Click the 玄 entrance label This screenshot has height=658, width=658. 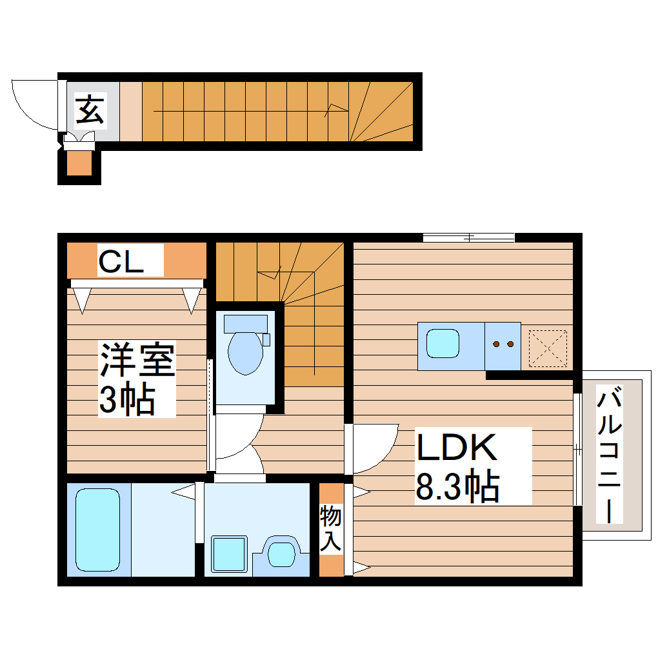click(x=90, y=110)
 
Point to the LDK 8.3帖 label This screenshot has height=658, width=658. click(x=457, y=466)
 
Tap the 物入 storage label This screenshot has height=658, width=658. click(x=331, y=528)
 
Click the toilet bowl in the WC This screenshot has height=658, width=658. click(x=245, y=352)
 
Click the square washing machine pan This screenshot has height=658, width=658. click(x=230, y=553)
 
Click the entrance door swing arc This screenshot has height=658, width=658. click(x=32, y=103)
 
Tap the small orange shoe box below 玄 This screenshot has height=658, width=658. click(x=79, y=164)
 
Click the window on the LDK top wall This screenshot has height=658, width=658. click(x=469, y=237)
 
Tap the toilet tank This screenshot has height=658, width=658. click(x=245, y=321)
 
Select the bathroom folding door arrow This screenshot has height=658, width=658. click(x=184, y=492)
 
